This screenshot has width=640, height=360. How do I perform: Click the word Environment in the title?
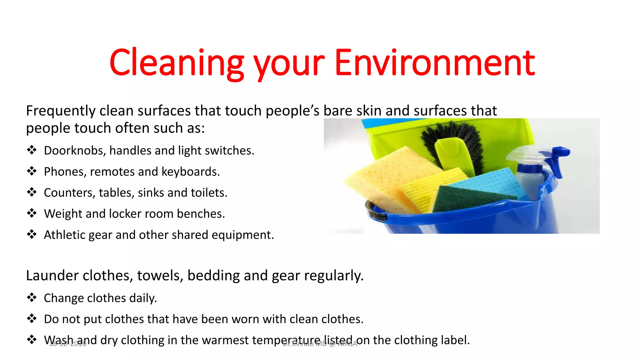tap(435, 63)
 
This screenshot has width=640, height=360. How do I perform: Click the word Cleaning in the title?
tap(176, 63)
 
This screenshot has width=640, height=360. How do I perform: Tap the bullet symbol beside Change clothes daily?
tap(32, 297)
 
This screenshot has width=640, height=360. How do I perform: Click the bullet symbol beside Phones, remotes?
tap(32, 171)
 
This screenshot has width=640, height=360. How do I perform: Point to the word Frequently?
tap(61, 111)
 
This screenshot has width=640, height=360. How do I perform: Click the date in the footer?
tap(67, 344)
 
